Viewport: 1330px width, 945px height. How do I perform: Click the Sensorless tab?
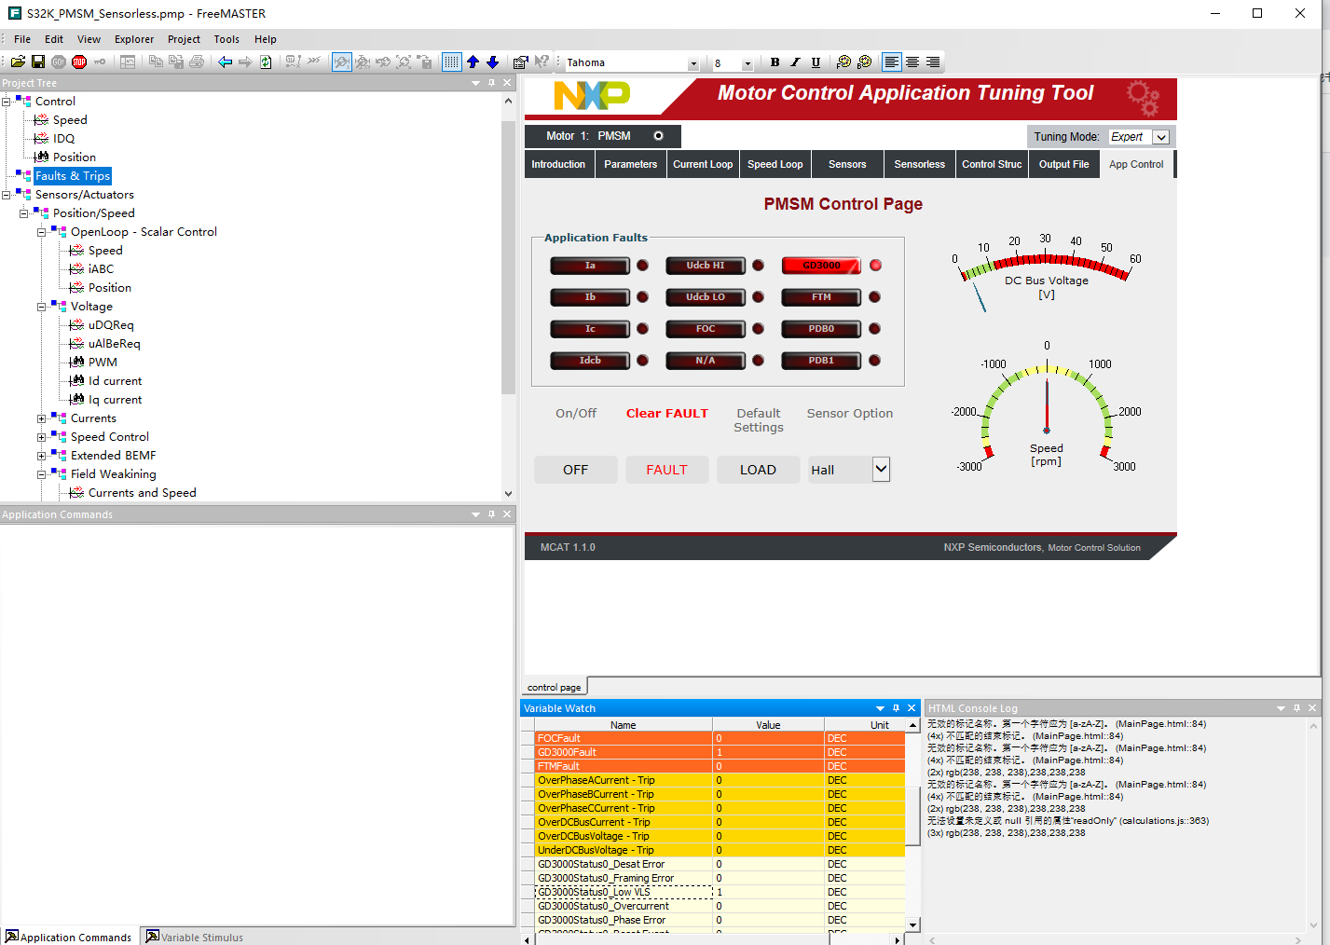(x=919, y=164)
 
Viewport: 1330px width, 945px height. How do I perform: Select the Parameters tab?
(x=630, y=164)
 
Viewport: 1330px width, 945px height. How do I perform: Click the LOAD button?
(x=758, y=470)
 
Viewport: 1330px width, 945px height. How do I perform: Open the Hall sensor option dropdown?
(x=880, y=470)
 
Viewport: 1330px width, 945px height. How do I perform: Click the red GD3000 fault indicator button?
(x=821, y=266)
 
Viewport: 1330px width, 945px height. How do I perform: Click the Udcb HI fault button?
(x=706, y=266)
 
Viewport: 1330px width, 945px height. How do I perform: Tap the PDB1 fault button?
(x=821, y=361)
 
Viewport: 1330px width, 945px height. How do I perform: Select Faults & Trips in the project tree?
(x=73, y=176)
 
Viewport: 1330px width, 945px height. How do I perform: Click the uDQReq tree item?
(x=111, y=325)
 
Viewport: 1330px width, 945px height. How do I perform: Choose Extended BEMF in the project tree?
(x=113, y=456)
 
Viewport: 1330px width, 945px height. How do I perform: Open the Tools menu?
(x=226, y=39)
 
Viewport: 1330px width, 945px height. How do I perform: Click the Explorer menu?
(x=134, y=39)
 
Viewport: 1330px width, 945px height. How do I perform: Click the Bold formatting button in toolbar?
(x=775, y=62)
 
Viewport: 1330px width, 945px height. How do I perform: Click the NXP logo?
(x=592, y=95)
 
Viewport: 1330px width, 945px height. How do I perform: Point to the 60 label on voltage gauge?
(x=1134, y=259)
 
